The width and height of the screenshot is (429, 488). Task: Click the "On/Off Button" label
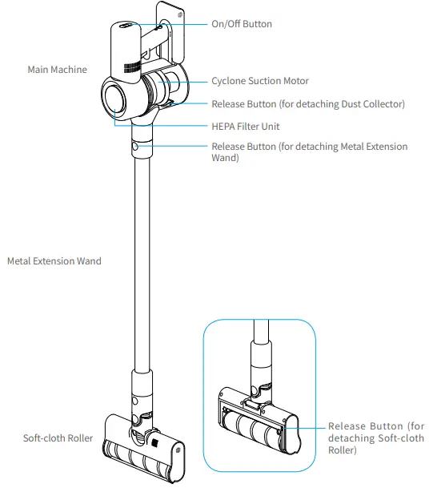(x=241, y=24)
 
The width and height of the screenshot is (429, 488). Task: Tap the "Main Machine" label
(x=57, y=70)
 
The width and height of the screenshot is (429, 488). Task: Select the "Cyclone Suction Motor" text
(x=259, y=81)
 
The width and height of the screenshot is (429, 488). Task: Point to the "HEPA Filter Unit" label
(x=245, y=127)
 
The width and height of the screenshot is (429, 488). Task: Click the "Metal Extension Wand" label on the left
(x=54, y=261)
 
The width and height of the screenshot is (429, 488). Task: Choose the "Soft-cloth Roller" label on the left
(x=58, y=438)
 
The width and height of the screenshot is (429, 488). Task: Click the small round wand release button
(x=134, y=147)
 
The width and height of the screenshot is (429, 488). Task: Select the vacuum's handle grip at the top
(x=125, y=48)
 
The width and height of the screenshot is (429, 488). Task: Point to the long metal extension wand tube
(x=141, y=264)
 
